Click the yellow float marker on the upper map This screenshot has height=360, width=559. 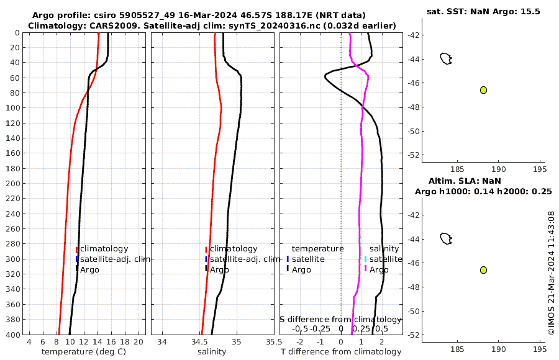coord(483,90)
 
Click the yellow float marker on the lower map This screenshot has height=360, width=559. coord(483,270)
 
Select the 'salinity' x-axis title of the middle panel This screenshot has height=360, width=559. coord(212,352)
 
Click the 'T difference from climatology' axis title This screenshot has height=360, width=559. coord(341,352)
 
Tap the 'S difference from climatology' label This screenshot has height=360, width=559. coord(340,319)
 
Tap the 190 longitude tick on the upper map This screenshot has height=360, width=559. coord(498,169)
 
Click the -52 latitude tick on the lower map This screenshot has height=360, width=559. coord(414,335)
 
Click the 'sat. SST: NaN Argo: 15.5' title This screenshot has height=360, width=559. coord(483,12)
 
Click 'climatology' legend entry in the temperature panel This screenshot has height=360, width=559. coord(104,249)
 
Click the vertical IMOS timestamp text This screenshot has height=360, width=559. coord(551,273)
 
